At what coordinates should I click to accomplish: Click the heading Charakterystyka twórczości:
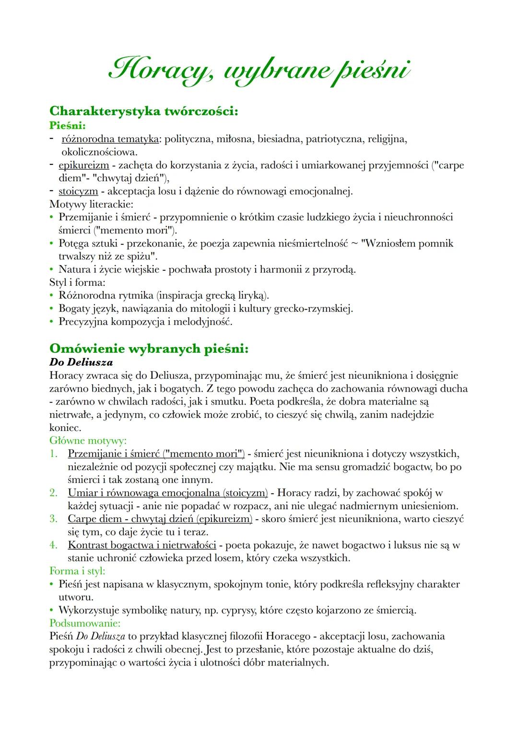coord(143,111)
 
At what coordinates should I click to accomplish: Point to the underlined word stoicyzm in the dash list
coord(78,191)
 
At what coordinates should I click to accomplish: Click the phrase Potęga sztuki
coord(89,244)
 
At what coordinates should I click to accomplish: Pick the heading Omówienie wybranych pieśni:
coord(149,348)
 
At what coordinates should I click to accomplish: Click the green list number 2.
coord(53,492)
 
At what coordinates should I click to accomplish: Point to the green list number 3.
coord(53,519)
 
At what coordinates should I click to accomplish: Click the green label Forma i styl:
coord(77,571)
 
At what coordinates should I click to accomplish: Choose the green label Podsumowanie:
coord(84,623)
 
